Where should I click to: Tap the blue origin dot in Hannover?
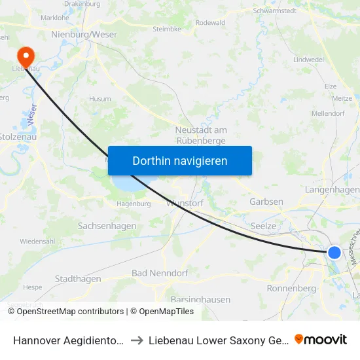pos(334,252)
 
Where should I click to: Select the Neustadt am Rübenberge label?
pos(201,135)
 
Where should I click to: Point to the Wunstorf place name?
pos(185,203)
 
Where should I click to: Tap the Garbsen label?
pos(266,202)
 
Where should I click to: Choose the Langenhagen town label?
pos(332,189)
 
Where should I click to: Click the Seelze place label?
pos(264,226)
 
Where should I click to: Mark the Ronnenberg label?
pos(292,288)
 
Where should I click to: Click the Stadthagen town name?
pos(78,279)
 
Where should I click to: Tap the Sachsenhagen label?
pos(107,226)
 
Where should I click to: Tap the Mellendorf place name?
pos(346,113)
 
